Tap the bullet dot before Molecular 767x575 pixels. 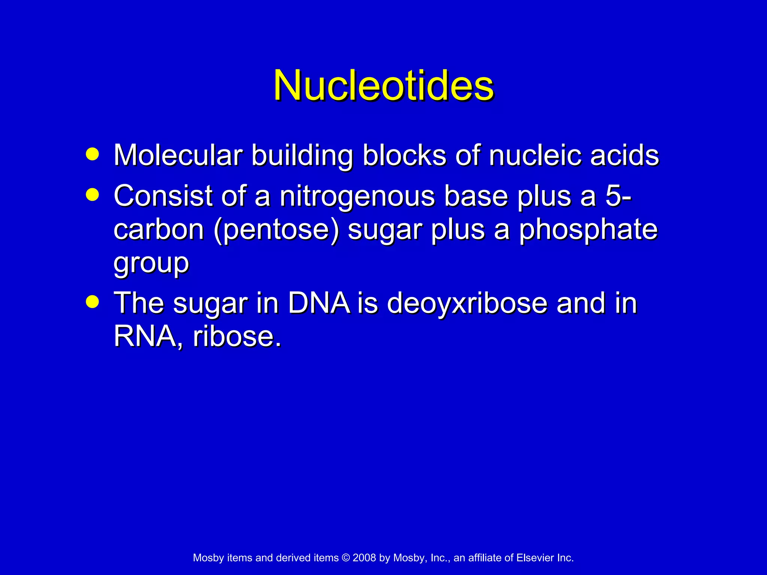tap(92, 154)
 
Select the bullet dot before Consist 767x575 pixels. tap(92, 195)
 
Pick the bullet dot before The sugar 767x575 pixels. tap(92, 302)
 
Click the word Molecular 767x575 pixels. tap(178, 155)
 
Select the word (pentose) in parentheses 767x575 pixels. tap(276, 229)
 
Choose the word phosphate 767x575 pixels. tap(588, 229)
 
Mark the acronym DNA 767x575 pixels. tap(319, 303)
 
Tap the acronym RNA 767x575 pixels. tap(145, 336)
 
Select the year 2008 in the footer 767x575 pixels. tap(364, 558)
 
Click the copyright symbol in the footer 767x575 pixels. tap(345, 558)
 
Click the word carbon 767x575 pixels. tap(159, 229)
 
